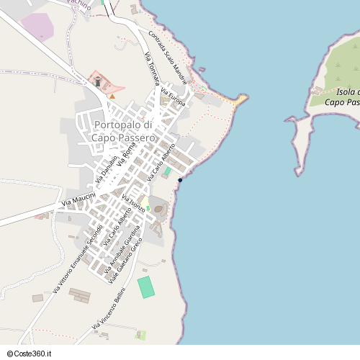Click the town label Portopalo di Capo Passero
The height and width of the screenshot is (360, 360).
point(124,131)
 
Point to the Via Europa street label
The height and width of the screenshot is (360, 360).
point(174,98)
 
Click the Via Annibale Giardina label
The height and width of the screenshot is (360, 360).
point(119,248)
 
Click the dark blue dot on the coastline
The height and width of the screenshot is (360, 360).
point(180,179)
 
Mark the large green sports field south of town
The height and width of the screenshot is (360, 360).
point(146,287)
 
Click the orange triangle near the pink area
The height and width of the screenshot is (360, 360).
point(112,95)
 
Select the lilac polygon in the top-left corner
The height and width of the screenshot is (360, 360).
point(37,27)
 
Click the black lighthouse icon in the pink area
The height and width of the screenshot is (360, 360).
point(98,81)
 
